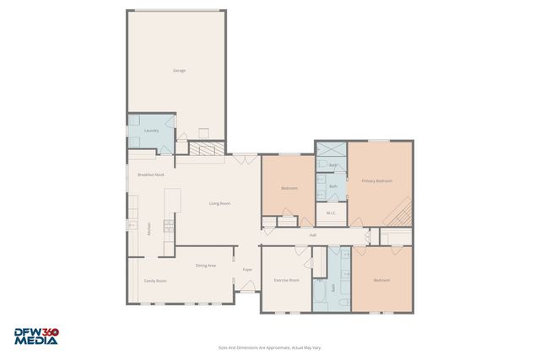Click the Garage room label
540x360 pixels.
point(179,70)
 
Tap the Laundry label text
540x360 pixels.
point(152,131)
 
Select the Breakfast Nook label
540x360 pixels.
point(150,175)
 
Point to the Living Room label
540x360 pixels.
point(219,203)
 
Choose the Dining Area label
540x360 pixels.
point(206,266)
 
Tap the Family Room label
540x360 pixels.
point(155,281)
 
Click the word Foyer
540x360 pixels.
point(247,270)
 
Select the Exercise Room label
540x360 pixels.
point(287,280)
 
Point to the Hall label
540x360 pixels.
point(312,235)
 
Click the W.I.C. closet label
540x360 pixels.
point(332,213)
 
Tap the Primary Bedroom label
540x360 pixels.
point(377,181)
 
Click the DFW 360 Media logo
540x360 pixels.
point(36,336)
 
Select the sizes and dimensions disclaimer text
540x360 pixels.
point(269,347)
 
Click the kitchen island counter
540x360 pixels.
point(172,201)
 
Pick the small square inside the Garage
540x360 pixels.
point(203,132)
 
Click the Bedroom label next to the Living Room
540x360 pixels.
point(289,188)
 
